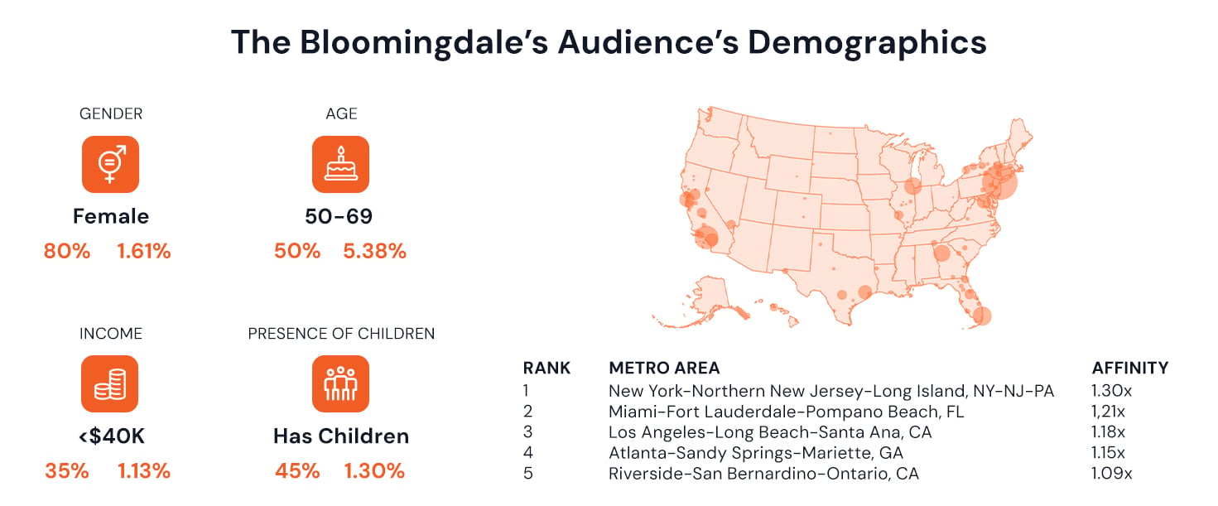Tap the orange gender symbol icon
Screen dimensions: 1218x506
(110, 164)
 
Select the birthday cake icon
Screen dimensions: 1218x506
(341, 164)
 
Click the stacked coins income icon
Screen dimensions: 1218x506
(110, 383)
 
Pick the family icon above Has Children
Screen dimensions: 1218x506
(341, 383)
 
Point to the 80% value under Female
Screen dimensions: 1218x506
(67, 252)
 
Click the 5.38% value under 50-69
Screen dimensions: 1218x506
(374, 252)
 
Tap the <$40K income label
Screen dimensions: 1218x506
(112, 436)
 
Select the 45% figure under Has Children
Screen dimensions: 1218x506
(297, 471)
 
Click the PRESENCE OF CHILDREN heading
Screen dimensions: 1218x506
(341, 334)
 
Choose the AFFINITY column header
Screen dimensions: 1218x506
(1130, 369)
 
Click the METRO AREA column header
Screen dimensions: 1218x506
(664, 369)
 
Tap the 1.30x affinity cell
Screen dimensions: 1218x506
(1111, 391)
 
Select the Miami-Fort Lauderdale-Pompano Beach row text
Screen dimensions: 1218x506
(787, 412)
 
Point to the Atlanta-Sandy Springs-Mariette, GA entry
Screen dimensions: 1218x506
(756, 453)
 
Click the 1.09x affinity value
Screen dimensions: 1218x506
(1111, 474)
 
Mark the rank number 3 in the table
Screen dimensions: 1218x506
(527, 432)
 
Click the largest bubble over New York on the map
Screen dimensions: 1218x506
(999, 181)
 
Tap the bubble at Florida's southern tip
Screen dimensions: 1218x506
(982, 316)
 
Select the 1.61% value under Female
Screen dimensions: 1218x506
(144, 252)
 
